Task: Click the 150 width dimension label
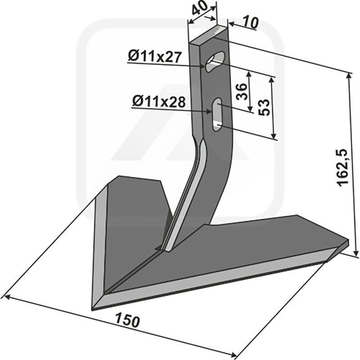(x=127, y=321)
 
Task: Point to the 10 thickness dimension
(x=250, y=23)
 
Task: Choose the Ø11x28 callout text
(x=159, y=102)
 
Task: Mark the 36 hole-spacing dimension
(x=242, y=92)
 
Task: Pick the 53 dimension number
(x=264, y=108)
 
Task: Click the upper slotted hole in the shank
(x=215, y=62)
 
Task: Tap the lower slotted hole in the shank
(x=217, y=115)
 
